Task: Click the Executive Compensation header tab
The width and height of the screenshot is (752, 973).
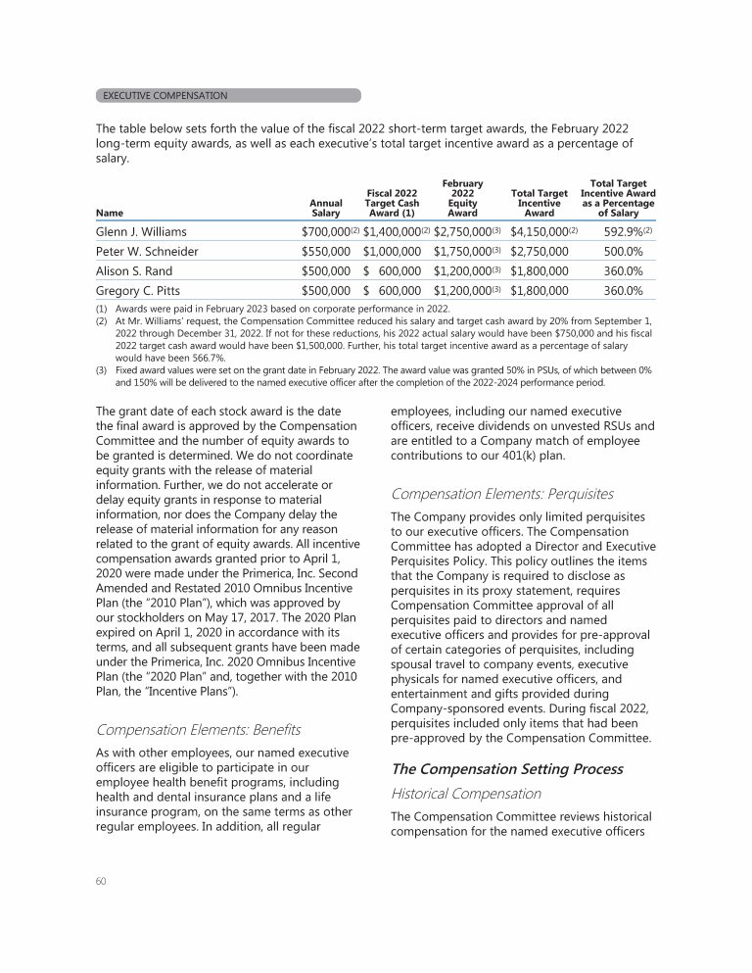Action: [228, 96]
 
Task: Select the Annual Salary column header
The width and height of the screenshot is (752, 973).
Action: [326, 208]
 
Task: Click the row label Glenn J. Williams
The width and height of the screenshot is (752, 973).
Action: [141, 232]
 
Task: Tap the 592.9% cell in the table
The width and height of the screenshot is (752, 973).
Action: [617, 232]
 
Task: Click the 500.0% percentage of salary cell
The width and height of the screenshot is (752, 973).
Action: [622, 252]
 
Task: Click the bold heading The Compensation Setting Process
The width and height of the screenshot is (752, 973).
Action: [506, 769]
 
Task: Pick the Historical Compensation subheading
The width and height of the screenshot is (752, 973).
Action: [465, 794]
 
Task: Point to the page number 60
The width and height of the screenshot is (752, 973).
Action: [101, 880]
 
